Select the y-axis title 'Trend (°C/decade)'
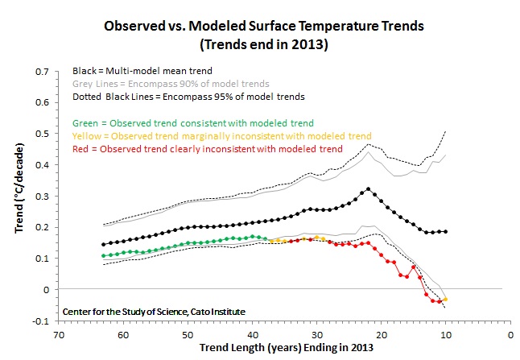coord(17,196)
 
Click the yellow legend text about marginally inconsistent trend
coord(221,136)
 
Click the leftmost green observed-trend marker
coord(103,255)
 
